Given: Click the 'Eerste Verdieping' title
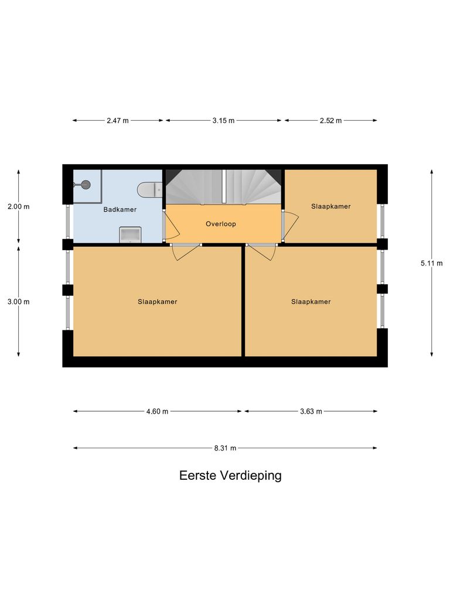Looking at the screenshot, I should (230, 475).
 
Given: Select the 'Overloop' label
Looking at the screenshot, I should (220, 224).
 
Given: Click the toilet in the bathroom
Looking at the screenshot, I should (149, 189).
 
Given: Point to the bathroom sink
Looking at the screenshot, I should (130, 234).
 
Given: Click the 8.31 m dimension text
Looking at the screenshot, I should (225, 448).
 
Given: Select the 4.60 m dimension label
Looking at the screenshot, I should (157, 411).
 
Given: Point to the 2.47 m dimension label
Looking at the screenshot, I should (118, 121).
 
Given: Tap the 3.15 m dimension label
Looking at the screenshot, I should (224, 121).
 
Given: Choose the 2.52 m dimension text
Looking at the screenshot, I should (330, 121).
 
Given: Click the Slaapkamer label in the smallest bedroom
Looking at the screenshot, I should (331, 206).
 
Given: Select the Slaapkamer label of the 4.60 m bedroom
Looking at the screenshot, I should (158, 302).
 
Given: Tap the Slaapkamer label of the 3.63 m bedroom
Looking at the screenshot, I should (311, 302).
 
